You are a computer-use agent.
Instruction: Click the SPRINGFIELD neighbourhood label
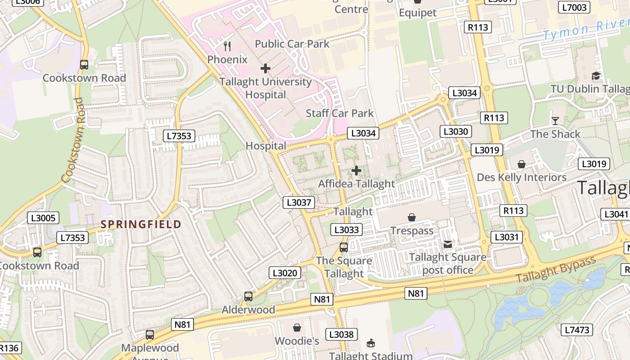141,224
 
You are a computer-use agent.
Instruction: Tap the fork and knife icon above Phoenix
227,46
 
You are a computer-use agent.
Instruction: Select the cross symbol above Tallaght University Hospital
265,68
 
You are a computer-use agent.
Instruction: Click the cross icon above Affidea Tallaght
356,171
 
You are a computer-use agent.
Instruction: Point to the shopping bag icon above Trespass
411,218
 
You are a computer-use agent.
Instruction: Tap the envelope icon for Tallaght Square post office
448,244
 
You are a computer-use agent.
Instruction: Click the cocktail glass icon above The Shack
555,121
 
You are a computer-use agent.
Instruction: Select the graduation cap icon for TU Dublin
596,76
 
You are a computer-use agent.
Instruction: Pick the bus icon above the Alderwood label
248,297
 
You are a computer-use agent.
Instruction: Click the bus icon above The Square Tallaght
344,247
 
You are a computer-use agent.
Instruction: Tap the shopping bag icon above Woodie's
297,328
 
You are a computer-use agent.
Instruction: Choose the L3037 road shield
299,202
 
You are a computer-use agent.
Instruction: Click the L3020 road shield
285,273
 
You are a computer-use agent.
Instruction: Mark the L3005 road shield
43,218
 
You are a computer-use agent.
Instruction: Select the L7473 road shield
577,330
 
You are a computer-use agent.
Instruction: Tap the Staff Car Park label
340,113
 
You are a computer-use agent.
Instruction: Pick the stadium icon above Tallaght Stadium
370,343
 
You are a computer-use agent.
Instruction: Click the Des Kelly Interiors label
522,177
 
